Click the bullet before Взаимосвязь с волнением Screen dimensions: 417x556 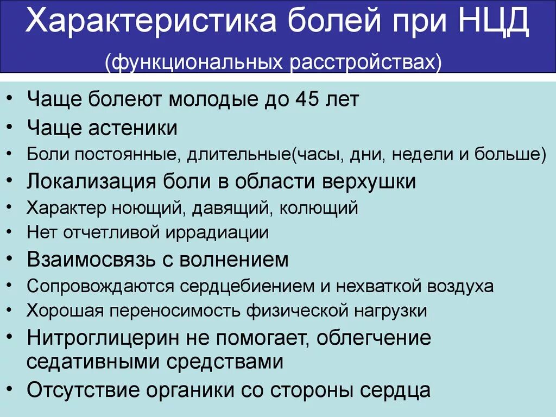(12, 260)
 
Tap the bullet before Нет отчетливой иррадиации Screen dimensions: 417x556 (12, 232)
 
